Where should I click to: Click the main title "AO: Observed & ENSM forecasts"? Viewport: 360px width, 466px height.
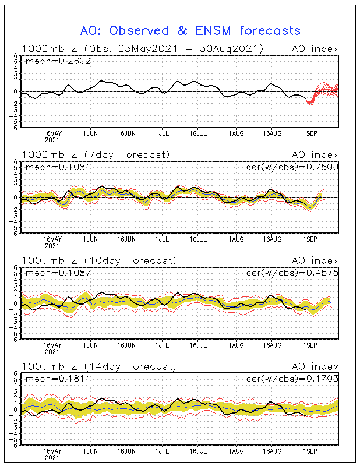[190, 31]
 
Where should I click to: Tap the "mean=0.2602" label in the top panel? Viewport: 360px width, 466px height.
[58, 61]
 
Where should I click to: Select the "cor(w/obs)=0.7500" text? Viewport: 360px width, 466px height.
[292, 167]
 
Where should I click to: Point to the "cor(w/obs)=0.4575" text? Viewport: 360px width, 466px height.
[292, 273]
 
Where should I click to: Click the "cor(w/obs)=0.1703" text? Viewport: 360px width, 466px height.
[292, 379]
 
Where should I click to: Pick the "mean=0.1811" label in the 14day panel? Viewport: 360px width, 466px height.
[58, 379]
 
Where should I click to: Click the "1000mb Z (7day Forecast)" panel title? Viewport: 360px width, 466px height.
[96, 154]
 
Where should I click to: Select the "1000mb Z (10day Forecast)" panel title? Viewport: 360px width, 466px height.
[99, 260]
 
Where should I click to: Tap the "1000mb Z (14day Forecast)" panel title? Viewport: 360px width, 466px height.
[99, 366]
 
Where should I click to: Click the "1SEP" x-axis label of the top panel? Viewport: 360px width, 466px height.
[310, 134]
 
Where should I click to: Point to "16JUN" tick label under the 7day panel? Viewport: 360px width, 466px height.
[126, 239]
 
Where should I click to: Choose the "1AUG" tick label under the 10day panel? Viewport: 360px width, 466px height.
[237, 345]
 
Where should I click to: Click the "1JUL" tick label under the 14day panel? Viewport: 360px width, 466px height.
[162, 451]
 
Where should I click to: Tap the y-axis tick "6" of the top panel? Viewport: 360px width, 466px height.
[16, 55]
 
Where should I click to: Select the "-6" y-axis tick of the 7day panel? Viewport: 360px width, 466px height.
[13, 234]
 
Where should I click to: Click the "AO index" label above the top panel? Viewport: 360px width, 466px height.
[315, 49]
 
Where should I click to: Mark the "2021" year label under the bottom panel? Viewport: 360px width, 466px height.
[52, 458]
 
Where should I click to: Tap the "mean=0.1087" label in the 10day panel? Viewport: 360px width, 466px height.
[58, 273]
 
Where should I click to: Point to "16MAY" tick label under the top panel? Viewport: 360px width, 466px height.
[52, 134]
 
